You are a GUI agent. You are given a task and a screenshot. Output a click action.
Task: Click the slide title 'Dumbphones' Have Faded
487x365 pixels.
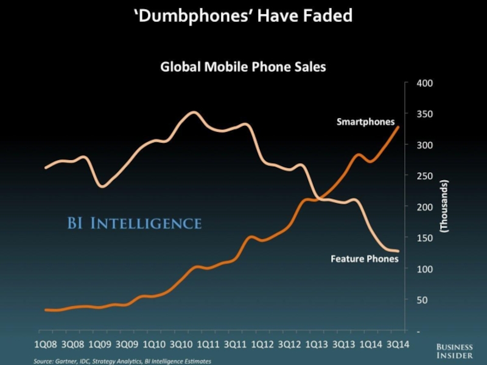coord(243,16)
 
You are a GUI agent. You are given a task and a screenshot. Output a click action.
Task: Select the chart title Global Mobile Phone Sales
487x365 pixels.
coord(243,67)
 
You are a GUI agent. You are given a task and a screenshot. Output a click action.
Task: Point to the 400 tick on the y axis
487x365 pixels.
coord(424,83)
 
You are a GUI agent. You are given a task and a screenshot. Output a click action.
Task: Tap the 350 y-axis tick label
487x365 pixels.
coord(424,114)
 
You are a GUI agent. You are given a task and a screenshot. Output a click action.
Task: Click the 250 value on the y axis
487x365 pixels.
coord(424,176)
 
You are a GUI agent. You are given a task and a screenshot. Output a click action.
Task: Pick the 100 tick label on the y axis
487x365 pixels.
coord(424,269)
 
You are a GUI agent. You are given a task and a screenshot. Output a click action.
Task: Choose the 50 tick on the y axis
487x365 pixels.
coord(422,300)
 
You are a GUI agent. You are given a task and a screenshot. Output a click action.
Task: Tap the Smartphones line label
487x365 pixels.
coord(365,122)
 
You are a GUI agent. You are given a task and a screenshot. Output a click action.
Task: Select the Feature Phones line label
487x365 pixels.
coord(364,259)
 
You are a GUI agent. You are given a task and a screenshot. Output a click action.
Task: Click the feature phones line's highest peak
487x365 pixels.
coord(193,113)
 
